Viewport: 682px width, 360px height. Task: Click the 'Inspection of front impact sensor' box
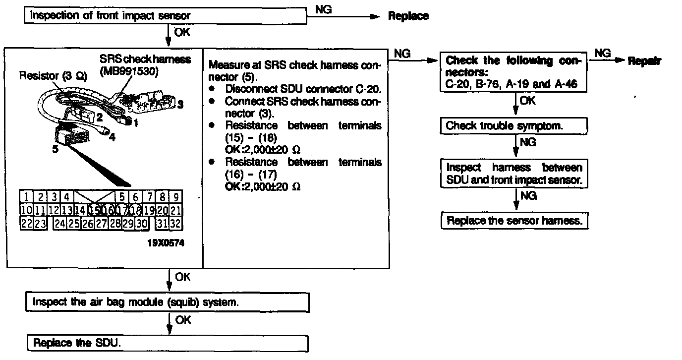pyautogui.click(x=166, y=16)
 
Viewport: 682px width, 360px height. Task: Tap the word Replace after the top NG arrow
pyautogui.click(x=408, y=16)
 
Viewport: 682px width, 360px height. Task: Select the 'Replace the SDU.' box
pyautogui.click(x=167, y=343)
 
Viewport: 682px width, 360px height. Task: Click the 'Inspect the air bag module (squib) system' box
pyautogui.click(x=167, y=301)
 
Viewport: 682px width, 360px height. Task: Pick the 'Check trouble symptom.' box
pyautogui.click(x=513, y=126)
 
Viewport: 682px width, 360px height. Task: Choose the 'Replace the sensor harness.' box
pyautogui.click(x=514, y=221)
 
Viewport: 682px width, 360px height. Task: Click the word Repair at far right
pyautogui.click(x=644, y=61)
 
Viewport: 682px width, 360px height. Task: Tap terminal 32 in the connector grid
pyautogui.click(x=175, y=224)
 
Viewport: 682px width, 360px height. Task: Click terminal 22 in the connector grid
pyautogui.click(x=26, y=224)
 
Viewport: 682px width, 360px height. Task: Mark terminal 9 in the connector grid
pyautogui.click(x=175, y=197)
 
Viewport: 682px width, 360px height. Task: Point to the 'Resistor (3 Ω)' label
pyautogui.click(x=53, y=77)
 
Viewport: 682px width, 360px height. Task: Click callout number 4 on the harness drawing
pyautogui.click(x=112, y=137)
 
